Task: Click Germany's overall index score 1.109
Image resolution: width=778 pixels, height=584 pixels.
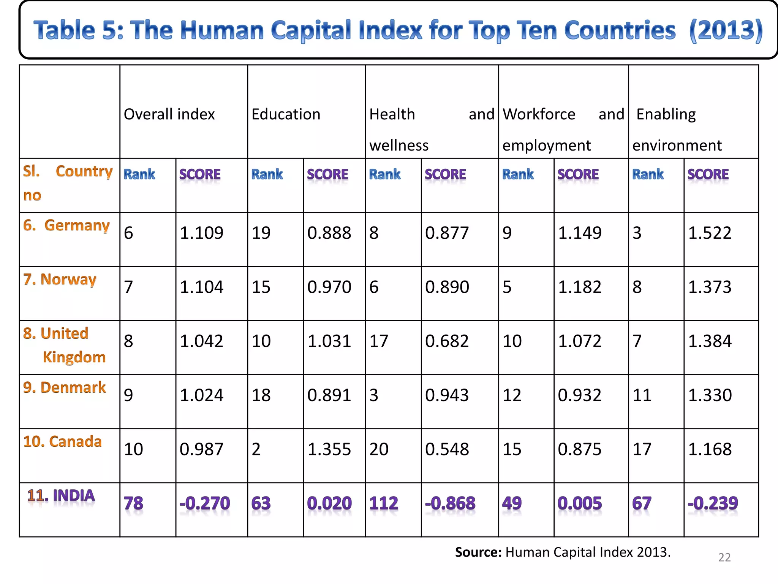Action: click(x=201, y=233)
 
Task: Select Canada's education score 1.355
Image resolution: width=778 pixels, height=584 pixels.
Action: click(x=329, y=449)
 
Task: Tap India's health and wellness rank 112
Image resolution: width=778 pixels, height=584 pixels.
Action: click(x=384, y=503)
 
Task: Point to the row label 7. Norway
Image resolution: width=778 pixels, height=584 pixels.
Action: click(x=60, y=279)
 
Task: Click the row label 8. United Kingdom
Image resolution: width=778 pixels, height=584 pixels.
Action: click(x=65, y=345)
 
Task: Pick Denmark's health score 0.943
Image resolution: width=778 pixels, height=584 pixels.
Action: click(x=447, y=395)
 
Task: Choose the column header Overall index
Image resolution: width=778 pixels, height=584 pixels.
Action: click(x=169, y=114)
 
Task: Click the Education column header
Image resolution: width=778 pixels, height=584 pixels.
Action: click(x=286, y=114)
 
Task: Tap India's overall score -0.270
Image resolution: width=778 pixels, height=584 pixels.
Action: click(x=205, y=503)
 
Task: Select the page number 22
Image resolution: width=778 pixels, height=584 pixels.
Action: click(x=724, y=557)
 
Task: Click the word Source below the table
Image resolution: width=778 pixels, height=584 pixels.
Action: click(x=478, y=552)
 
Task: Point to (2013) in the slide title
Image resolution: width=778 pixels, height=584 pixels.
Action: click(x=726, y=30)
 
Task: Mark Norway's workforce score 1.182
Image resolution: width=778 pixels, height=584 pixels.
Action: click(x=580, y=287)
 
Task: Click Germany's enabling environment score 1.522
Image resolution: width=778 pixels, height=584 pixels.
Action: click(x=710, y=233)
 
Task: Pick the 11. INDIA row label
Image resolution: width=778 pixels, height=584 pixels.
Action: click(x=61, y=496)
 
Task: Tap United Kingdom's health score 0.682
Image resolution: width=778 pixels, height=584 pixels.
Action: click(x=447, y=341)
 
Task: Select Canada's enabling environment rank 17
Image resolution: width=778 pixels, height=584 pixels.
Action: click(x=642, y=449)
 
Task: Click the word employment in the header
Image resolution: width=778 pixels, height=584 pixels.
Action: click(x=547, y=146)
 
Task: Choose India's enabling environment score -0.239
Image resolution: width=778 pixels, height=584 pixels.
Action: click(x=713, y=503)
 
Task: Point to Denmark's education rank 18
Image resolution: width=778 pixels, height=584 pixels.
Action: click(x=261, y=395)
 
